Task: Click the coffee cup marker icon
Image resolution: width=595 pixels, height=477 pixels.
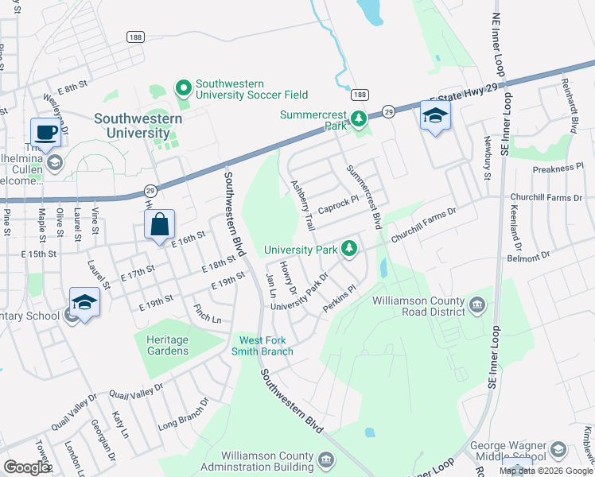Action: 45,132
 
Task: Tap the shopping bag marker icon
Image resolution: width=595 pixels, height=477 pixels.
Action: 160,224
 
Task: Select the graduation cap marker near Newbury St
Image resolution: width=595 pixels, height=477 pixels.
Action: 435,116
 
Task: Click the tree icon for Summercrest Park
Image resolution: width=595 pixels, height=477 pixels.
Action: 359,119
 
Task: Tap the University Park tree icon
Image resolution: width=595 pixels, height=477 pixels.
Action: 348,250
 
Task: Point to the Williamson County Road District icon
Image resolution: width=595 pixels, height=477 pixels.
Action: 477,304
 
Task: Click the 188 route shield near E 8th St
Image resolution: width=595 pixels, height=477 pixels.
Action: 134,37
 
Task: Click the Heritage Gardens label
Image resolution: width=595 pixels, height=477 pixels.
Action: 167,345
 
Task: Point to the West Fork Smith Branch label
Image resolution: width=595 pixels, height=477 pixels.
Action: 262,346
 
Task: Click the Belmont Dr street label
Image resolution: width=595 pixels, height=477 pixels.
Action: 533,256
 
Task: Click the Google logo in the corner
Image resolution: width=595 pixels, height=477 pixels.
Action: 26,467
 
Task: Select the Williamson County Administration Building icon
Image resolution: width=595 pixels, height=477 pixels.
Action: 326,459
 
